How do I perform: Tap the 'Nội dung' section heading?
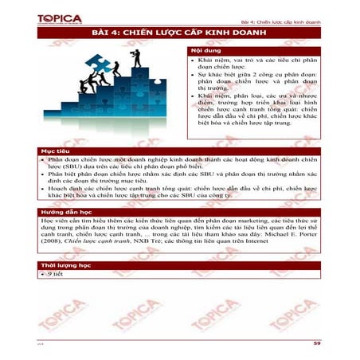[x=204, y=51]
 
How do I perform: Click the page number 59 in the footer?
[x=316, y=342]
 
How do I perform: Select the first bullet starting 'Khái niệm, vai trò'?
[x=250, y=65]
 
